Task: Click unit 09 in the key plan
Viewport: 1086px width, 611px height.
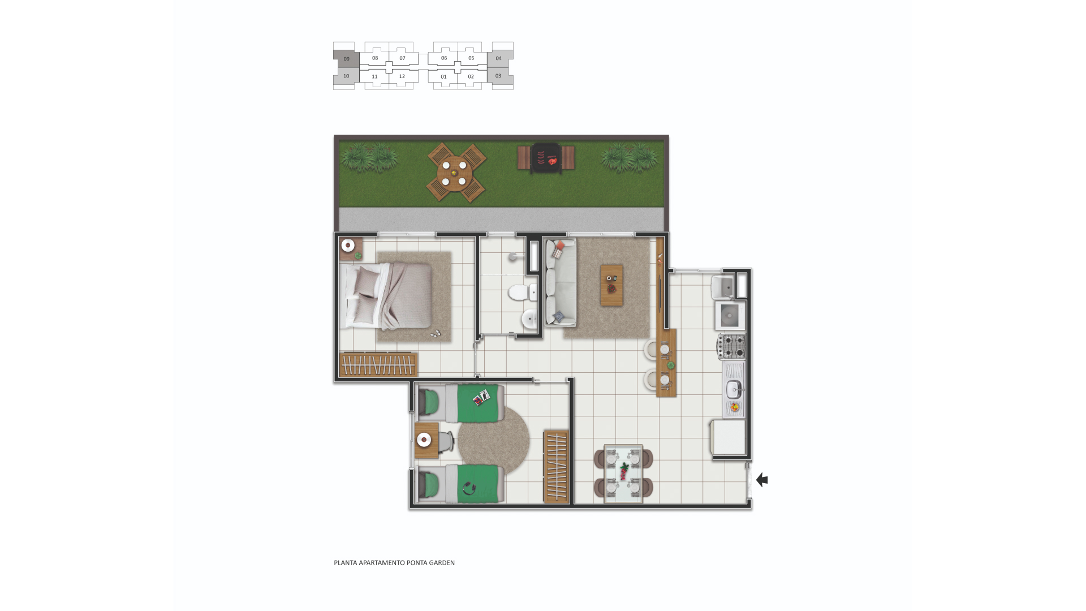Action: click(x=346, y=59)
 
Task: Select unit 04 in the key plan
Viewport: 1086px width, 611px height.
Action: click(x=499, y=58)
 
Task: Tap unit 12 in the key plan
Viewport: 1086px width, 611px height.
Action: click(x=402, y=76)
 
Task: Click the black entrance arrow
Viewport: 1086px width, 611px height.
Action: click(x=762, y=480)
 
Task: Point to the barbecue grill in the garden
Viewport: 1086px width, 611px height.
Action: click(x=546, y=157)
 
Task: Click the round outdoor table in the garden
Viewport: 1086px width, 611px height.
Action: click(x=455, y=173)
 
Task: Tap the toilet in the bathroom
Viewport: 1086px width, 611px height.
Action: click(x=522, y=292)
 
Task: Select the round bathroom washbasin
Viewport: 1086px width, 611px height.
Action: click(x=530, y=320)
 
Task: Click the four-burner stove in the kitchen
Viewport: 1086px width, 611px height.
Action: click(x=732, y=346)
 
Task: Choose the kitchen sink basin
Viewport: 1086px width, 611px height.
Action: click(x=734, y=388)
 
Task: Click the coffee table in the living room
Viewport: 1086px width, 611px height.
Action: click(x=611, y=285)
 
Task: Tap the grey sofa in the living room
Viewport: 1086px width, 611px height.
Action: click(x=560, y=282)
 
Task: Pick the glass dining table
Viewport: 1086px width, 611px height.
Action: click(x=623, y=474)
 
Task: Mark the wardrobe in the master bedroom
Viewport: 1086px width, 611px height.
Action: click(x=378, y=364)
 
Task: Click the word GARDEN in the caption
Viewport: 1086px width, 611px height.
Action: click(x=441, y=563)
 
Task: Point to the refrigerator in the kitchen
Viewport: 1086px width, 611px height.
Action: click(x=728, y=437)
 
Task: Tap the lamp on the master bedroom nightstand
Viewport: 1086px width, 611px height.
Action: click(x=348, y=246)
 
